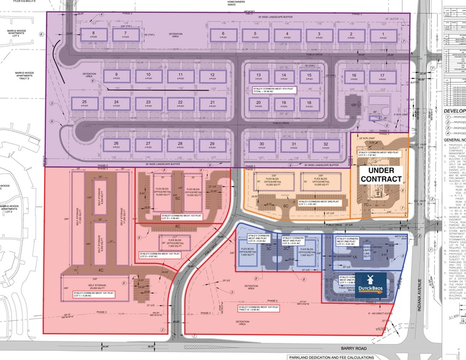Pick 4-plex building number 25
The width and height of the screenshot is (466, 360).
[x=94, y=102]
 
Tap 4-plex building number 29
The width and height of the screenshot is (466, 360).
[x=211, y=145]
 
